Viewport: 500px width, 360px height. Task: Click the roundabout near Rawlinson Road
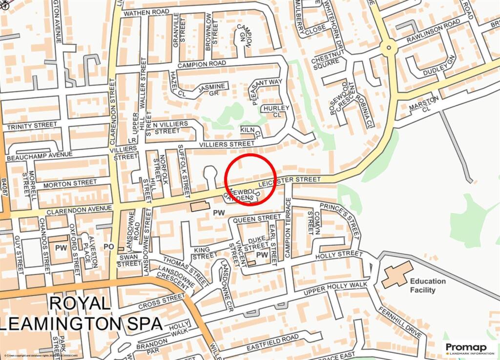(x=389, y=47)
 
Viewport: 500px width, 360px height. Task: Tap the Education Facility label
(x=428, y=285)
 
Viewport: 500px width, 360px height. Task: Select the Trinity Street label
(x=32, y=126)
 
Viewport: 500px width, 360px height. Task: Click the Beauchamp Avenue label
(x=39, y=157)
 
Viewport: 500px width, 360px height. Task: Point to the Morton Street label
(x=70, y=183)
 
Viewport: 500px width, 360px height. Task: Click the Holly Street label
(x=339, y=254)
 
